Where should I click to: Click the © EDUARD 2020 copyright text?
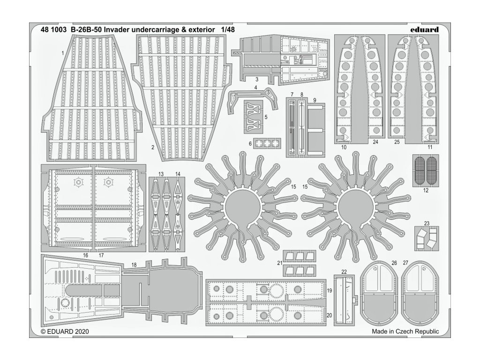[x=65, y=331]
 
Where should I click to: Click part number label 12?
[x=426, y=191]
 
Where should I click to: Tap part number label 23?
[x=427, y=223]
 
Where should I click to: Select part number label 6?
[x=250, y=143]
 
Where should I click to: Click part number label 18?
[x=134, y=265]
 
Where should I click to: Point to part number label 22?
[x=344, y=271]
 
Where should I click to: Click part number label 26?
[x=394, y=263]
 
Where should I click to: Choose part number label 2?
[x=153, y=147]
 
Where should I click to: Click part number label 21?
[x=279, y=263]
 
